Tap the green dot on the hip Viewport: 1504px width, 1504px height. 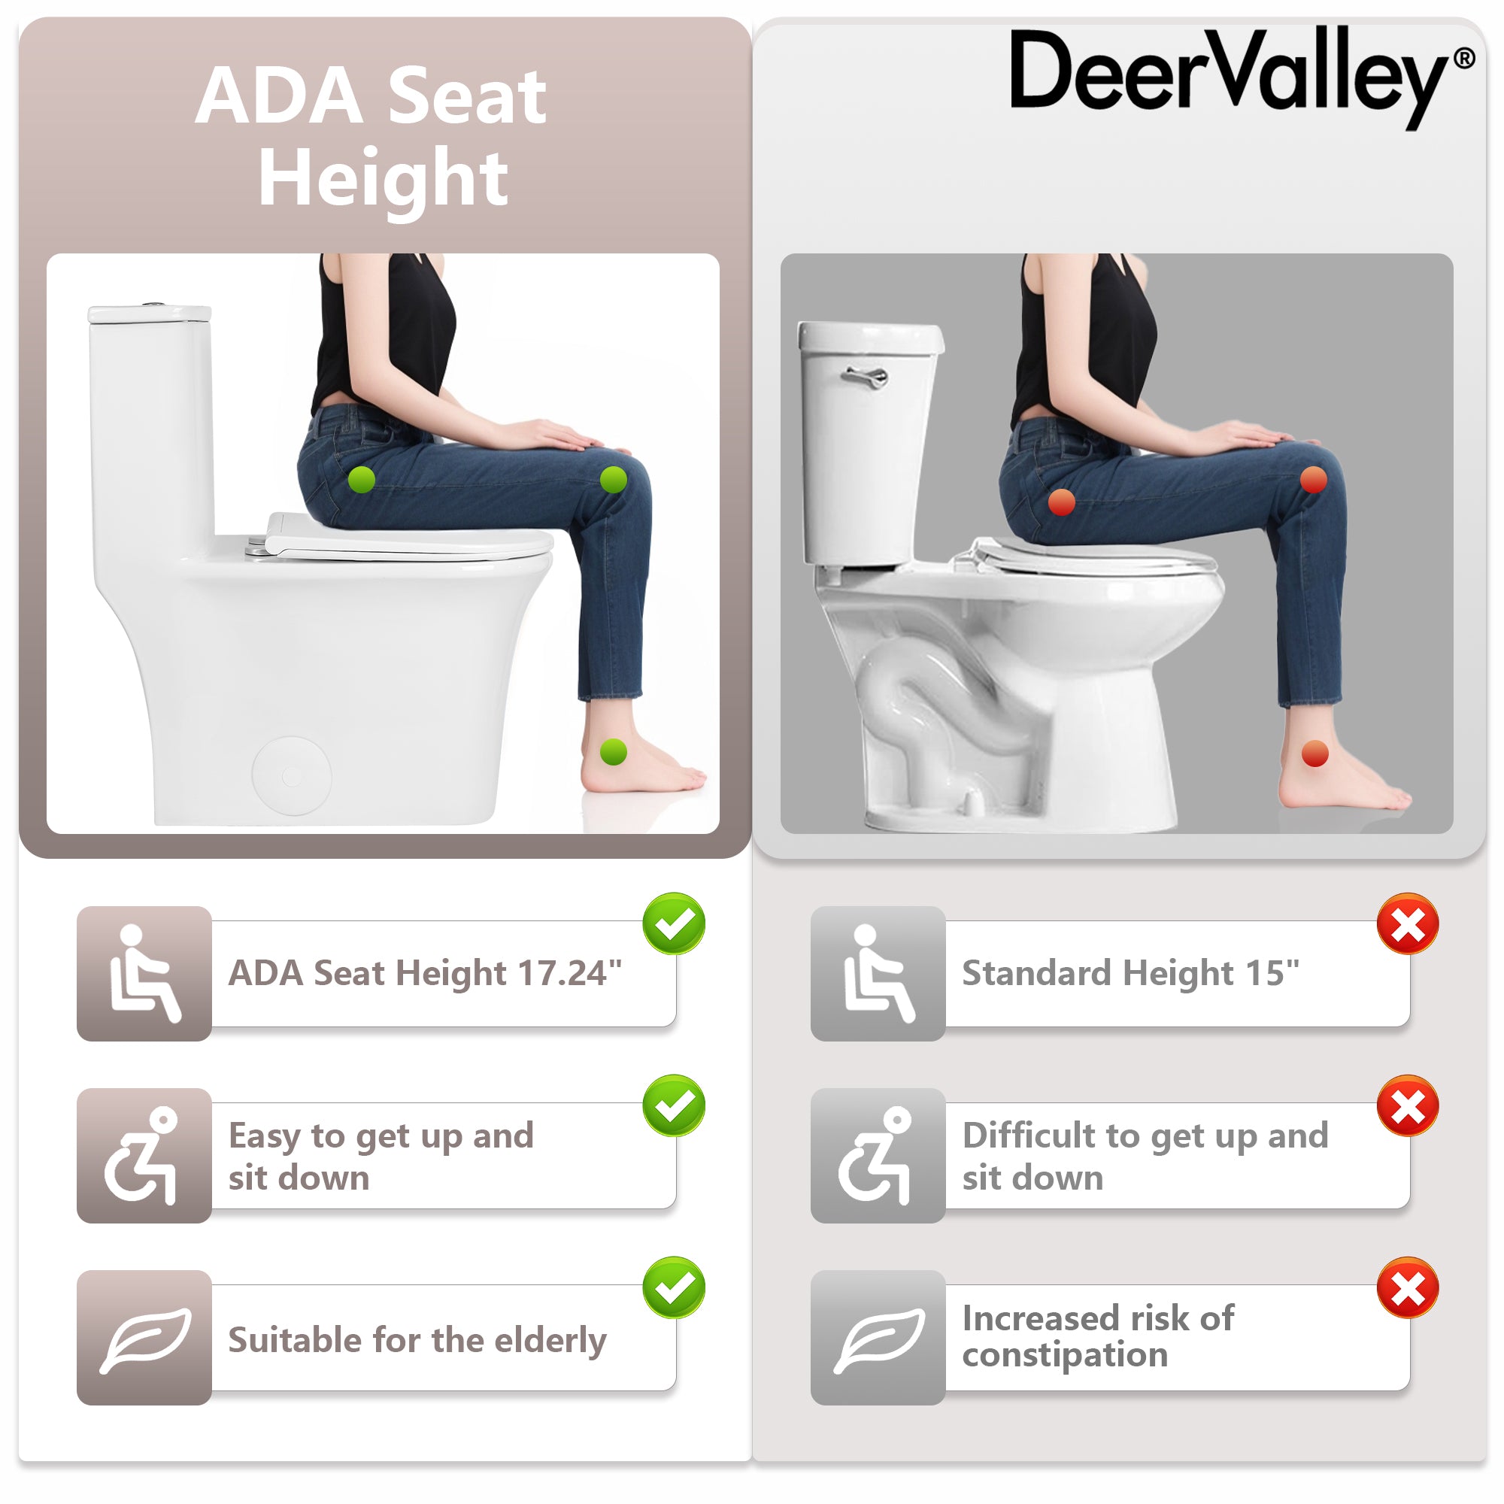coord(361,480)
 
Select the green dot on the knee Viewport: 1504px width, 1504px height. coord(614,480)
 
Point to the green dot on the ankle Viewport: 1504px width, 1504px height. coord(614,752)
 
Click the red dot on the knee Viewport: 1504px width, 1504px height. coord(1314,480)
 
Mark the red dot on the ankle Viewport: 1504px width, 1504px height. coord(1314,754)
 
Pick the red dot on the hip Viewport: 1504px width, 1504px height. coord(1062,502)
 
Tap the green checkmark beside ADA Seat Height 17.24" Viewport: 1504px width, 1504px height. coord(674,923)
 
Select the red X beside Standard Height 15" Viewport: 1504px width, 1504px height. coord(1408,923)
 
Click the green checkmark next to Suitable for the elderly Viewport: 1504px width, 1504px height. coord(674,1287)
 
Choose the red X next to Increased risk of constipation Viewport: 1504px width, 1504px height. coord(1408,1287)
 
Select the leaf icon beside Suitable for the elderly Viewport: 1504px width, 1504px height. coord(145,1339)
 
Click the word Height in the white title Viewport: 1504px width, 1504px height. coord(383,179)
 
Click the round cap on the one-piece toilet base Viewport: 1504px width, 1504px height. coord(292,775)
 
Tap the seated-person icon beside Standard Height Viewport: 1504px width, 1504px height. coord(878,973)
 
